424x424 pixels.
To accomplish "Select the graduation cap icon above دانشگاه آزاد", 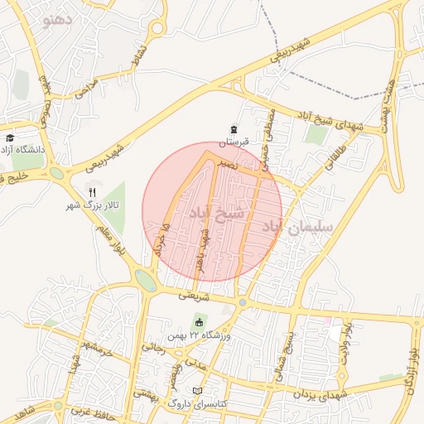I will pos(10,138).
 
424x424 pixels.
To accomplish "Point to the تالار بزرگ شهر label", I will pos(94,204).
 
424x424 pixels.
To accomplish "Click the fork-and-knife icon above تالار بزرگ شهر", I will pos(93,191).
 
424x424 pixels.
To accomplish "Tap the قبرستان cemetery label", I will pos(234,142).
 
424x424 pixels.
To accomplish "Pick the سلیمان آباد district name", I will pos(298,226).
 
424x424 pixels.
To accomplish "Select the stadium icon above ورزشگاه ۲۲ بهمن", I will pos(199,322).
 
